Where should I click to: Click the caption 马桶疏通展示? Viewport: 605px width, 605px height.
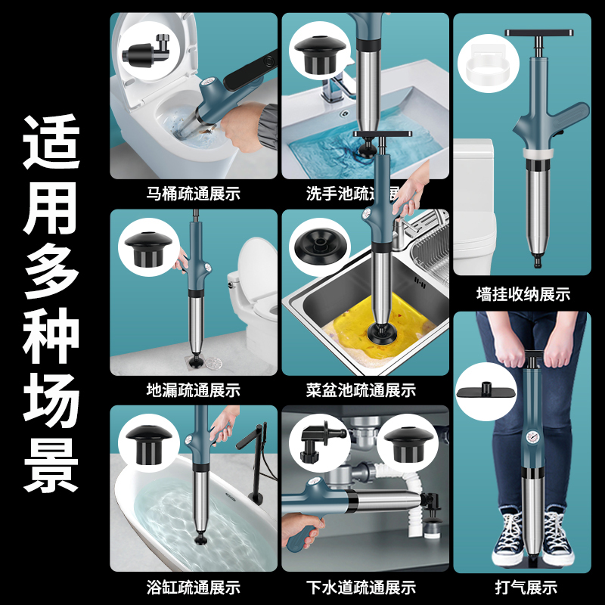pos(194,194)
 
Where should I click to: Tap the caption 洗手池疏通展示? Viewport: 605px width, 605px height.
pos(352,194)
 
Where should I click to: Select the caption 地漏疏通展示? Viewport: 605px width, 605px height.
pos(194,391)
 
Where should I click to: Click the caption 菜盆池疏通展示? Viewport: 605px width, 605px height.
pos(361,391)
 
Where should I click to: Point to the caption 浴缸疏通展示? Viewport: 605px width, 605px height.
pos(194,587)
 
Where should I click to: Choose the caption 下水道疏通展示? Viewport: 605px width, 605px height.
pos(361,587)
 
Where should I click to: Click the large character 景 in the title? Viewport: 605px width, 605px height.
pos(51,462)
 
